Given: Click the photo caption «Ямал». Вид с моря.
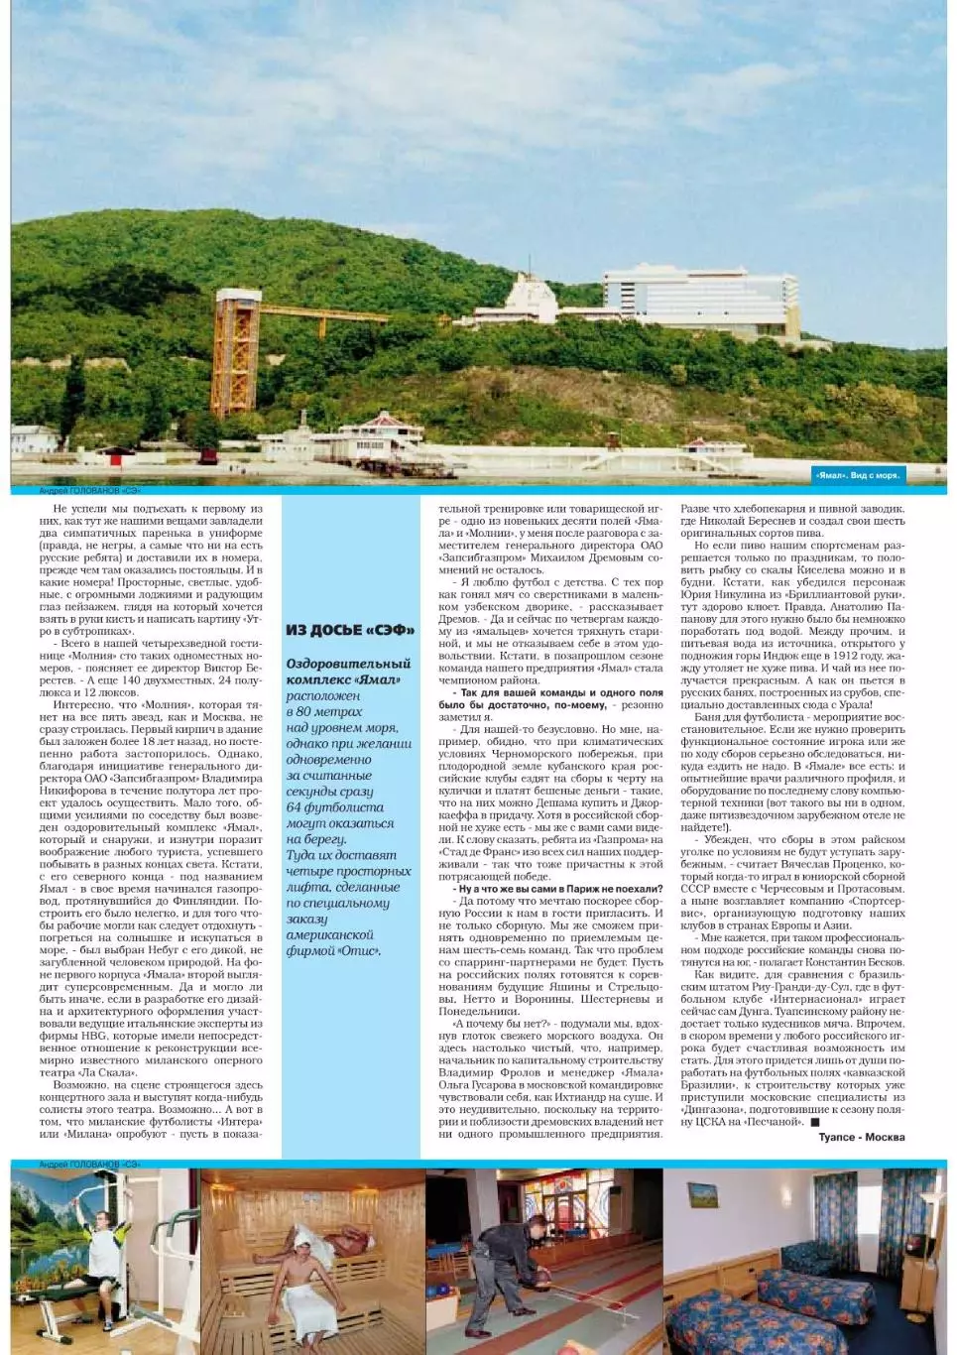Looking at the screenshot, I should (858, 475).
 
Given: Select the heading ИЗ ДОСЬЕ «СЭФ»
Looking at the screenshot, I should (350, 630).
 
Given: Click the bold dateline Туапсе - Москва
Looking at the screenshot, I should (861, 1137).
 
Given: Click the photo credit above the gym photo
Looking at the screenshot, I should (90, 1163).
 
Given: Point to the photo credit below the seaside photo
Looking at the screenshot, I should (90, 491).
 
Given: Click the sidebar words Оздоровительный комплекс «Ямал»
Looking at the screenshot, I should (347, 672).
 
